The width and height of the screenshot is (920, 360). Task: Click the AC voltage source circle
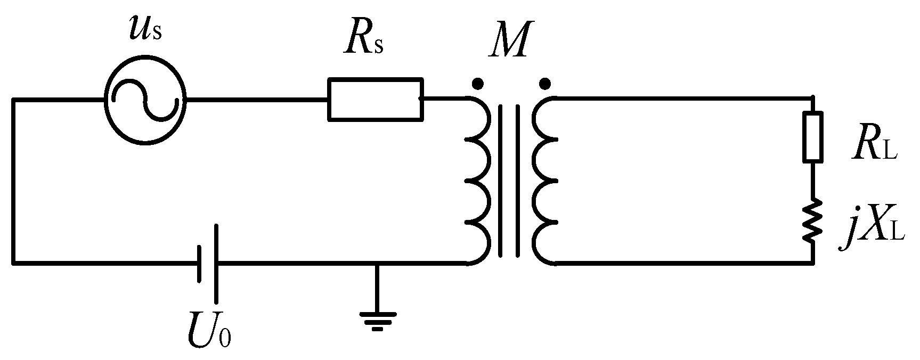[145, 100]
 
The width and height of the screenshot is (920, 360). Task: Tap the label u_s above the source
[145, 29]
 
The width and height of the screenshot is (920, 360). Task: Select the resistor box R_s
[376, 100]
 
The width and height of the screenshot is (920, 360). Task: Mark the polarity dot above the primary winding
[478, 84]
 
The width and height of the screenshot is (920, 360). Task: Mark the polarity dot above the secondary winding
[544, 84]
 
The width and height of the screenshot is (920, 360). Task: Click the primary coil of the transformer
[478, 180]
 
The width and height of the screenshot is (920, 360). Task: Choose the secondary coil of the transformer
[544, 180]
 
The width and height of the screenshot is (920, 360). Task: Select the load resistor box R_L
[813, 136]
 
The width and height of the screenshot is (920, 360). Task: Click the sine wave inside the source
[145, 100]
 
